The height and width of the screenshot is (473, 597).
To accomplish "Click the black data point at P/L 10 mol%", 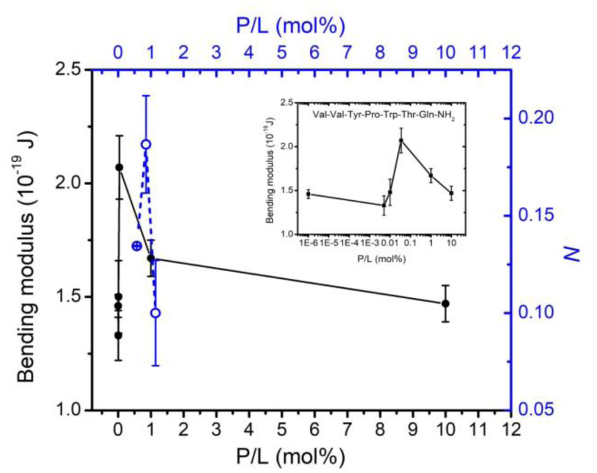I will [x=446, y=303].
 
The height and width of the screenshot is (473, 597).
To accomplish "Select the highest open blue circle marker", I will [x=146, y=144].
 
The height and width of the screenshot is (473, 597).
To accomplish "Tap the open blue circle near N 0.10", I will [x=155, y=313].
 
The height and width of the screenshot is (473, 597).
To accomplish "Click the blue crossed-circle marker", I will [x=137, y=246].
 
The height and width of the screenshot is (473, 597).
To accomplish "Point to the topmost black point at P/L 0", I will [x=119, y=167].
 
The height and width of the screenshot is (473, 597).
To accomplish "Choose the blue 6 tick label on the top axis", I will [x=314, y=53].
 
